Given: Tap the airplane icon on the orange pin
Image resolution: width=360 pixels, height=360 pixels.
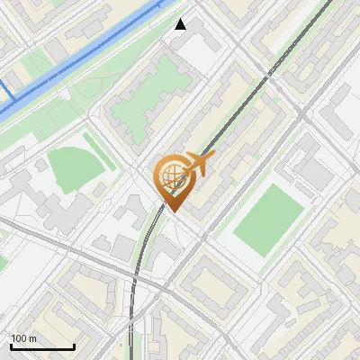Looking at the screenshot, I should (x=200, y=164).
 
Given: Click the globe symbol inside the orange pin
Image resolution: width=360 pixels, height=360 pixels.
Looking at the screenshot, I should (x=172, y=177).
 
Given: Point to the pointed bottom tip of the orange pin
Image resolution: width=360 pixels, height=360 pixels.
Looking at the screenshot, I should (x=172, y=212).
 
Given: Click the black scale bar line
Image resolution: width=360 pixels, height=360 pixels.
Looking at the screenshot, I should (x=42, y=346).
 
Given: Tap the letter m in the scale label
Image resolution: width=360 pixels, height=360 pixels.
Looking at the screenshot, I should (x=33, y=338).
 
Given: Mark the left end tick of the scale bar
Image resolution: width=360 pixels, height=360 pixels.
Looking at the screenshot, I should (x=11, y=346).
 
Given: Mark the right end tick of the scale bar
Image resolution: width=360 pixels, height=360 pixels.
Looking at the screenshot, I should (x=74, y=346).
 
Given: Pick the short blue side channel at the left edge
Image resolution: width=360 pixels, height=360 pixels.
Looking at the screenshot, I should (x=4, y=90).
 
